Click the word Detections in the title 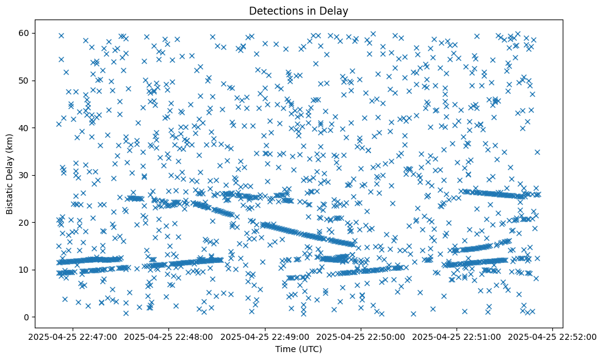click(x=275, y=10)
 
